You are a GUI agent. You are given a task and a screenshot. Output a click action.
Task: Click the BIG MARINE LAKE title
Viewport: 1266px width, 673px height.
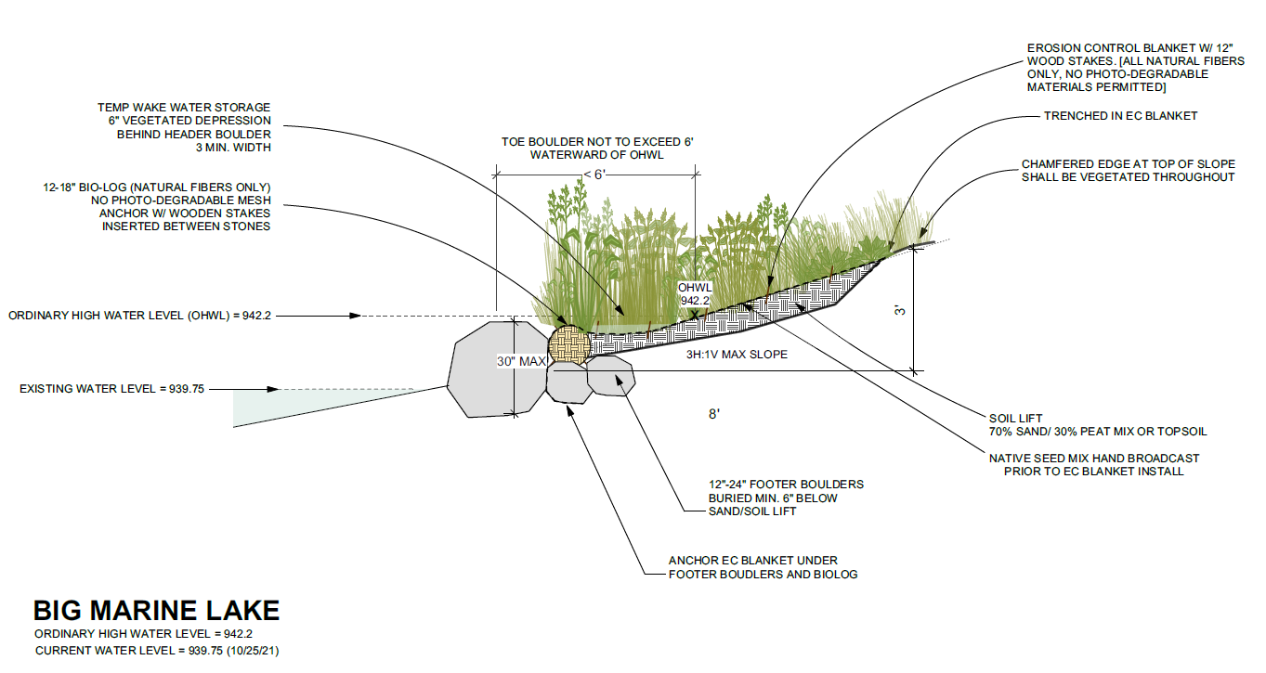point(156,610)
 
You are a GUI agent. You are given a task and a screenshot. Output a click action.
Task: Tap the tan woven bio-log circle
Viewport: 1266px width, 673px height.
point(569,344)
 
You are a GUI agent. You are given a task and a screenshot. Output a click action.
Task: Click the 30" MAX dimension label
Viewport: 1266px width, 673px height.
point(521,361)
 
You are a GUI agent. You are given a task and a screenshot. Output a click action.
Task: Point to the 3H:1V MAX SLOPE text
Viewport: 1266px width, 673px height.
point(737,355)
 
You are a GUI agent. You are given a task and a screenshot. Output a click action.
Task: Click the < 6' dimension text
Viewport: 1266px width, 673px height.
point(595,174)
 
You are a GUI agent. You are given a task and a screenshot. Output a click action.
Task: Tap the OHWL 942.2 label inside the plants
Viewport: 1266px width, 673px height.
point(695,294)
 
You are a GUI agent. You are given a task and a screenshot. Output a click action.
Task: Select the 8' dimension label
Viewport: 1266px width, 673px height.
point(714,414)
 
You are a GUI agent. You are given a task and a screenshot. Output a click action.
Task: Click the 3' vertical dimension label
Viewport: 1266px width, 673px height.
point(900,310)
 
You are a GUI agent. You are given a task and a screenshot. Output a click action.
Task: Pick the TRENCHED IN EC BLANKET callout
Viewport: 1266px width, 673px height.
point(1120,116)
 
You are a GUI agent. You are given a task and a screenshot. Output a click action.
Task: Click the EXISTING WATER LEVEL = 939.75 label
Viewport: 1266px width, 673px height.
point(111,389)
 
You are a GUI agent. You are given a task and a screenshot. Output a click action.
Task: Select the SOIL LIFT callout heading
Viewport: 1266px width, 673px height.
point(1015,418)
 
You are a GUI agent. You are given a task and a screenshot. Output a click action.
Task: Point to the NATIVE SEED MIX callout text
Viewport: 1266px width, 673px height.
point(1093,464)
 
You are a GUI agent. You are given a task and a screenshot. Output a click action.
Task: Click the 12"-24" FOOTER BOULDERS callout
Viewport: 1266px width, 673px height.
point(786,498)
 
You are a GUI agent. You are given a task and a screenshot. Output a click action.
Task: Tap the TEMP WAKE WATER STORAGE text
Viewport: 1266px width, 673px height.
point(184,108)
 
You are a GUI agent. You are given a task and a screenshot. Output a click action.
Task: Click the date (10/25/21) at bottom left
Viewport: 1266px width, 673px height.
point(254,651)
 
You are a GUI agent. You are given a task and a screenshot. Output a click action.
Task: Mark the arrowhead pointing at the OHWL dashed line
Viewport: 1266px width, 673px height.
point(356,316)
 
